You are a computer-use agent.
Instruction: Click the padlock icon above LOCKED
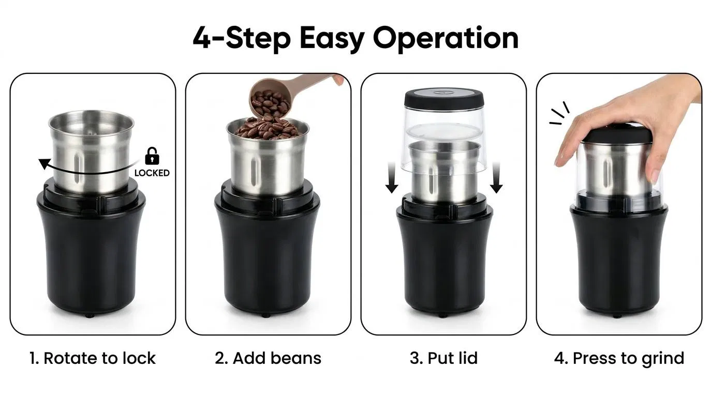pyautogui.click(x=152, y=156)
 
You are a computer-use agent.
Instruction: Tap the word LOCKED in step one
pyautogui.click(x=152, y=173)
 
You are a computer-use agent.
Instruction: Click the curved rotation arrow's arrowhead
pyautogui.click(x=44, y=163)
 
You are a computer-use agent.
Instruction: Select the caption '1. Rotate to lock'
pyautogui.click(x=93, y=358)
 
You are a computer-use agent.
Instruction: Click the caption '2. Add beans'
pyautogui.click(x=268, y=358)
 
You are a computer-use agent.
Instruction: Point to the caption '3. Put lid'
pyautogui.click(x=444, y=358)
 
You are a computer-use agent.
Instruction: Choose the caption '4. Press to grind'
pyautogui.click(x=619, y=359)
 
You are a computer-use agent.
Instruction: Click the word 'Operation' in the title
pyautogui.click(x=446, y=39)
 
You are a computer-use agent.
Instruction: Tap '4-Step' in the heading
pyautogui.click(x=242, y=39)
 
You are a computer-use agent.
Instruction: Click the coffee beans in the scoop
pyautogui.click(x=270, y=102)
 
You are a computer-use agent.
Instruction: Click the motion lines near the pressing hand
pyautogui.click(x=560, y=113)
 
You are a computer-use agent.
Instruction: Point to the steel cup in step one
pyautogui.click(x=91, y=151)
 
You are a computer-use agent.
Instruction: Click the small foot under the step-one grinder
pyautogui.click(x=90, y=316)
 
